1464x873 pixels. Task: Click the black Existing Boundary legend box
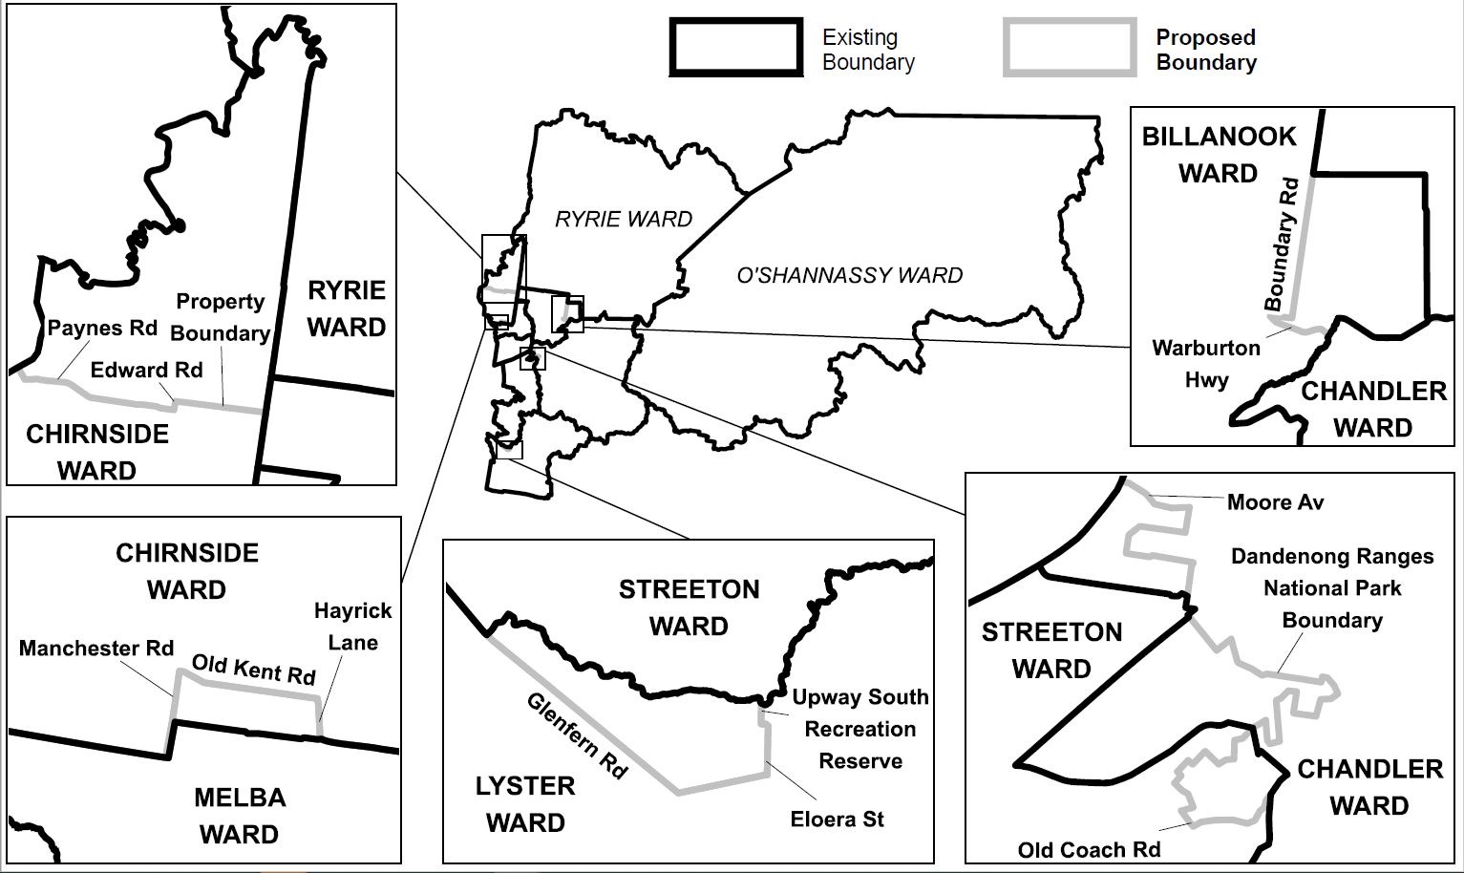(x=735, y=47)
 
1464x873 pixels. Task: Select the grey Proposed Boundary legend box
(x=1069, y=47)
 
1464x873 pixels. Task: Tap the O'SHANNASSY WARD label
(x=849, y=275)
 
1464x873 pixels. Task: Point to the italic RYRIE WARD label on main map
(x=624, y=219)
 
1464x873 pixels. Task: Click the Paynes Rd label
(x=102, y=328)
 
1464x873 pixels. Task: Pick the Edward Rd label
(x=146, y=370)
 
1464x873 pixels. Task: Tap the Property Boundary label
(x=221, y=317)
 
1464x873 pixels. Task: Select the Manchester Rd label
(x=96, y=649)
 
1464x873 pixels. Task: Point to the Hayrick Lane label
(x=352, y=627)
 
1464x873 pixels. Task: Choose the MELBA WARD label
(x=240, y=816)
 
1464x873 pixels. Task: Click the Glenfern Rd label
(x=577, y=735)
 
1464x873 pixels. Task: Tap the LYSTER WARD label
(x=525, y=804)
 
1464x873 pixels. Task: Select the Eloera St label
(x=838, y=819)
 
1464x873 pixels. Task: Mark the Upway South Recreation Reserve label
(x=859, y=729)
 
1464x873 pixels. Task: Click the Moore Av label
(x=1275, y=502)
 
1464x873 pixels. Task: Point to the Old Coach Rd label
(x=1089, y=849)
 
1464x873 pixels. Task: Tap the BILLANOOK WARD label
(x=1219, y=155)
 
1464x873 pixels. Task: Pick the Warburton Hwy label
(x=1206, y=363)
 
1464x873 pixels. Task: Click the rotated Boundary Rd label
(x=1282, y=245)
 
